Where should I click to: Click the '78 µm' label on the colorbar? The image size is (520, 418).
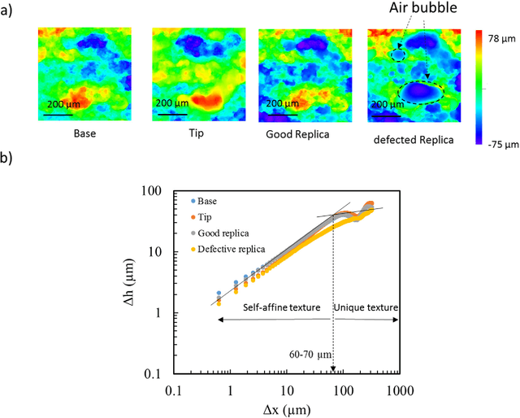click(502, 38)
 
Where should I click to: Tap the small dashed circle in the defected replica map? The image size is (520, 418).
click(396, 55)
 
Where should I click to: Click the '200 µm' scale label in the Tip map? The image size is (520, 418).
click(171, 104)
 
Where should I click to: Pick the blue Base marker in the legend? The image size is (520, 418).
click(192, 201)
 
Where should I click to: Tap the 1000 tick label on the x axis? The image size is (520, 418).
click(399, 390)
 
